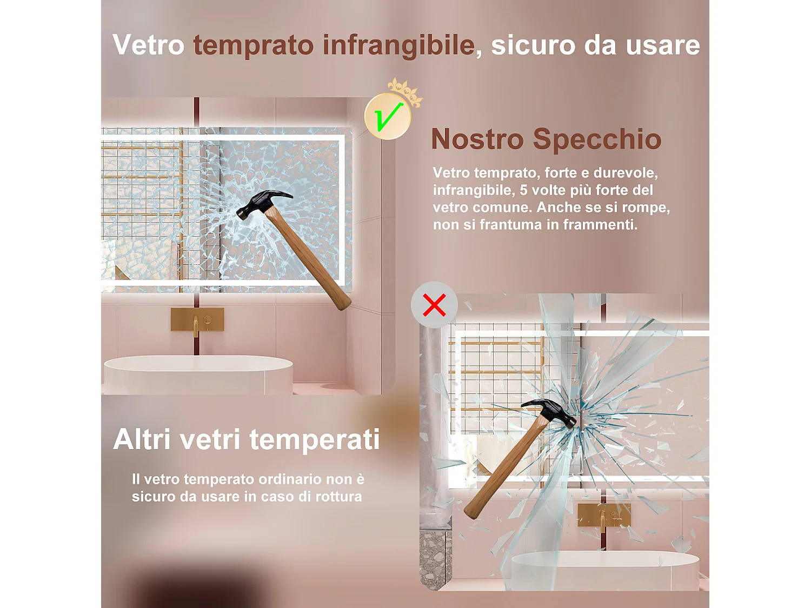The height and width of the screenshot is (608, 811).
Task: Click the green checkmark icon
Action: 388,117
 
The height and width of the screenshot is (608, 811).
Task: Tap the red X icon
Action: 434,305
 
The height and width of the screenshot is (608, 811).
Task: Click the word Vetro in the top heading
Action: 149,45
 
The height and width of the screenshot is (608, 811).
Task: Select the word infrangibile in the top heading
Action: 398,45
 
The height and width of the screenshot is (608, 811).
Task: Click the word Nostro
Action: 477,139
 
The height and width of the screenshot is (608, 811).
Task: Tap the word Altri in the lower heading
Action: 142,439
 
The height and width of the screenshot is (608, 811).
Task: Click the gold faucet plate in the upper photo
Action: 197,319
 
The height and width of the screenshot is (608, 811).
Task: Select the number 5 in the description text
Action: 523,190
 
